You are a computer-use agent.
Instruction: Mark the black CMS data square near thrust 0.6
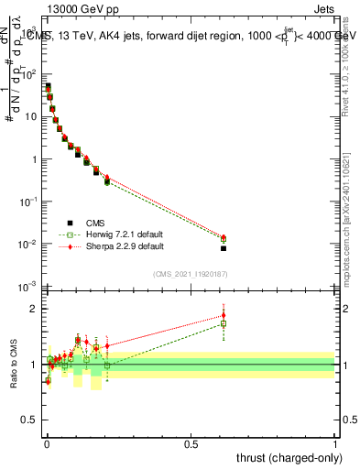click(x=224, y=248)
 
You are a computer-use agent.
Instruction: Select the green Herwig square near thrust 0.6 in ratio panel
click(x=224, y=323)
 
